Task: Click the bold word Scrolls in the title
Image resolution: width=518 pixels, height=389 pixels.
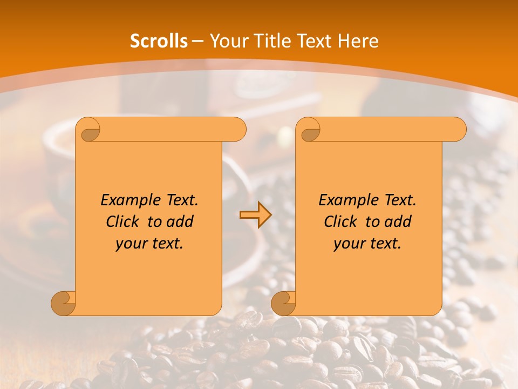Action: (x=159, y=41)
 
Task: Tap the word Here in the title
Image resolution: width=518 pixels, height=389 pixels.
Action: (x=358, y=41)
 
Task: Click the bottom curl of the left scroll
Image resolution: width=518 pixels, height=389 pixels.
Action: (x=63, y=303)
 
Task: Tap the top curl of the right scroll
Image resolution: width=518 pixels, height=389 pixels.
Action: (x=310, y=130)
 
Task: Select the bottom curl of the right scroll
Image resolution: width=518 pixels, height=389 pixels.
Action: (x=283, y=303)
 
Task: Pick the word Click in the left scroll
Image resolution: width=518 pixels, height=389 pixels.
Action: (x=122, y=222)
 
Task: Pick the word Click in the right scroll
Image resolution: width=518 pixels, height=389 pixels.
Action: (x=340, y=222)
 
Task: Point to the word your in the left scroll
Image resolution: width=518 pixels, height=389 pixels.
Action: (x=131, y=244)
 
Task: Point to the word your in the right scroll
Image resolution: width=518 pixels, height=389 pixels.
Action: (x=349, y=244)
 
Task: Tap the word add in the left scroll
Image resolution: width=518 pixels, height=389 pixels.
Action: (x=180, y=222)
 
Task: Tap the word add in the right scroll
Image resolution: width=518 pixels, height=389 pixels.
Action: (x=398, y=222)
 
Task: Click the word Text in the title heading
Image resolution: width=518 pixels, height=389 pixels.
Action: (x=313, y=41)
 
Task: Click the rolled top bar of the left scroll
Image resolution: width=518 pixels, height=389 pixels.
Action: (x=173, y=130)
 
